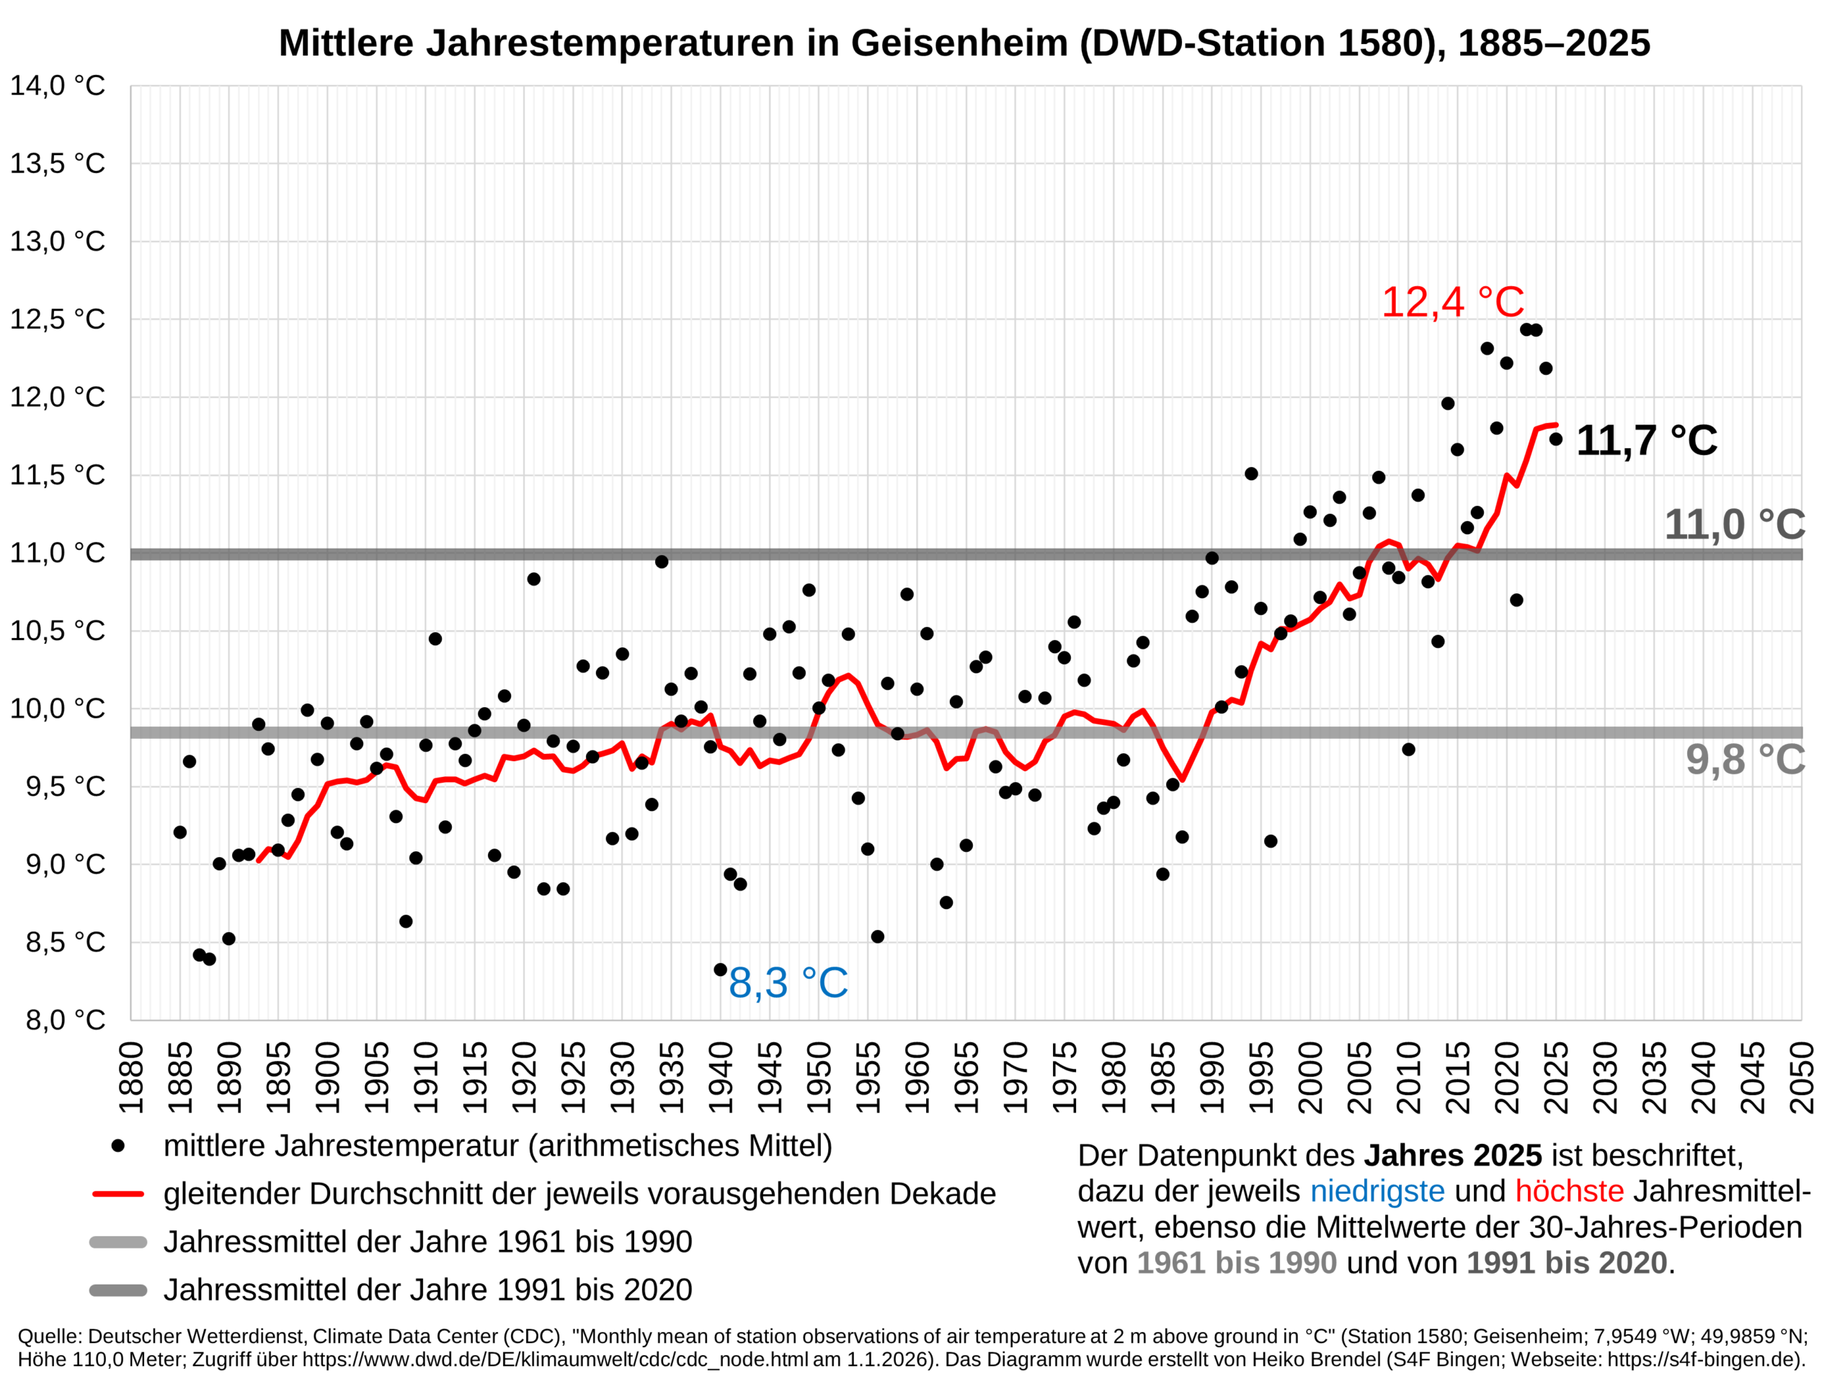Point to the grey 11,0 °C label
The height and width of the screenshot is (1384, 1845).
1734,525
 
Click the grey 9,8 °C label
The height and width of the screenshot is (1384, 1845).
1745,759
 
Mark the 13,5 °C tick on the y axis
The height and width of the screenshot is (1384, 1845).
58,164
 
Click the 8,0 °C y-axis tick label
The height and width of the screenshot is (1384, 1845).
65,1019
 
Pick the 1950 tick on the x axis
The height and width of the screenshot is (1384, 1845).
819,1077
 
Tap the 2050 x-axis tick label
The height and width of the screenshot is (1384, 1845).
1802,1077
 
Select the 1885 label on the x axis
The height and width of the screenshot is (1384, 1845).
180,1077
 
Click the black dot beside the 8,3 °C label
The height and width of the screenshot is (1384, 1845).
720,970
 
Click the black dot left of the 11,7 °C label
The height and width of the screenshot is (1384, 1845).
1555,439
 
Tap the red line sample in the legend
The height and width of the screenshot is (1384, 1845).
117,1194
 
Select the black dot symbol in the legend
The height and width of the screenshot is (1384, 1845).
117,1146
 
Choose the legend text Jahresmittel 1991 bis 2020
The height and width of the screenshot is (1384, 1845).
427,1290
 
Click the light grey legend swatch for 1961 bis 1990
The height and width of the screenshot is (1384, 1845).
117,1242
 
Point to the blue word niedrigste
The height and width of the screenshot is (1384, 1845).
1377,1192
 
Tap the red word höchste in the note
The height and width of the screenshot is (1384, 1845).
1569,1192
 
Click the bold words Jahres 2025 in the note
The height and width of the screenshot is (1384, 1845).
1452,1155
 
